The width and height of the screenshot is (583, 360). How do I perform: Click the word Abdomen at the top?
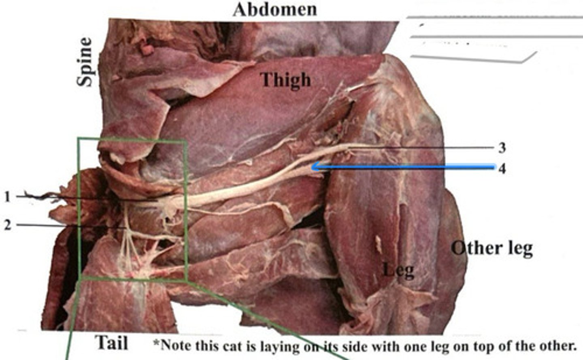(274, 9)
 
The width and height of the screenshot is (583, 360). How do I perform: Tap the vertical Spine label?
(85, 62)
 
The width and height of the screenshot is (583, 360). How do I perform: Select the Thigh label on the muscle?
(286, 79)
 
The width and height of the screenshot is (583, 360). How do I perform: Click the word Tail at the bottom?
(112, 343)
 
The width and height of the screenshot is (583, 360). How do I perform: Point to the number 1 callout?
(7, 197)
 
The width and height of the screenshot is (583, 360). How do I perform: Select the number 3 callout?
(502, 148)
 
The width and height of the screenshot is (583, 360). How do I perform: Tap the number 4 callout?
(502, 168)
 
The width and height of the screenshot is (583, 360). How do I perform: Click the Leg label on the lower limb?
(399, 270)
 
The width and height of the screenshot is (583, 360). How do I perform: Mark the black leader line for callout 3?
(425, 149)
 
